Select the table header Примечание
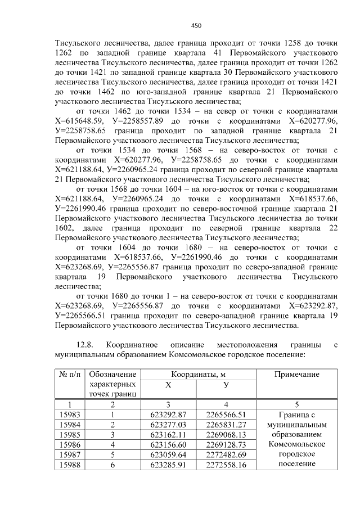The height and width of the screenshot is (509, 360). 296,375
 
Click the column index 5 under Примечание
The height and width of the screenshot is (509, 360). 296,404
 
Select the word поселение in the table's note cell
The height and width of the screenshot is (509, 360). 296,464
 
